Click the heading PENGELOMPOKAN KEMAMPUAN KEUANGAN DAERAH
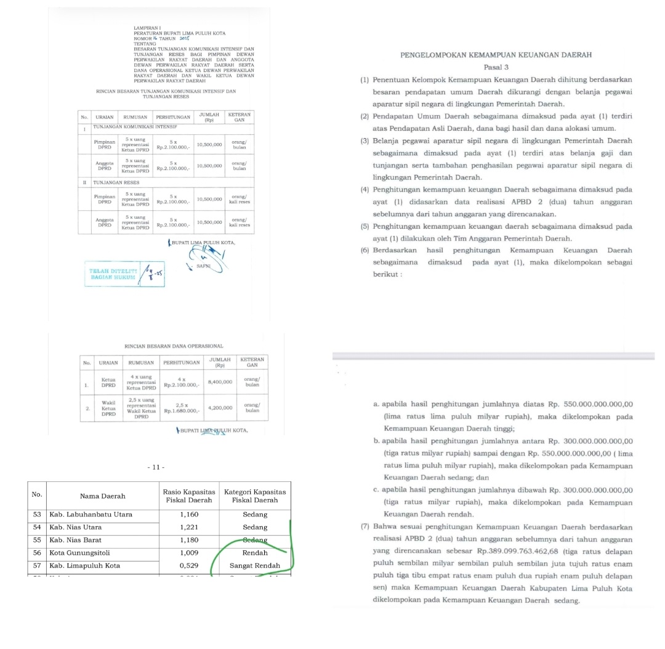pos(496,55)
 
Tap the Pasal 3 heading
pos(496,67)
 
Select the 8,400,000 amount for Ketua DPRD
pos(220,382)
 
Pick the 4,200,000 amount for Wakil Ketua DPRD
pos(220,407)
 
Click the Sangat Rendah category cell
pos(255,565)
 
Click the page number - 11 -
pos(156,467)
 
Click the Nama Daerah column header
pos(102,496)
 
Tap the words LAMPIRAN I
pos(147,28)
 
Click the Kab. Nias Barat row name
pos(76,540)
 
